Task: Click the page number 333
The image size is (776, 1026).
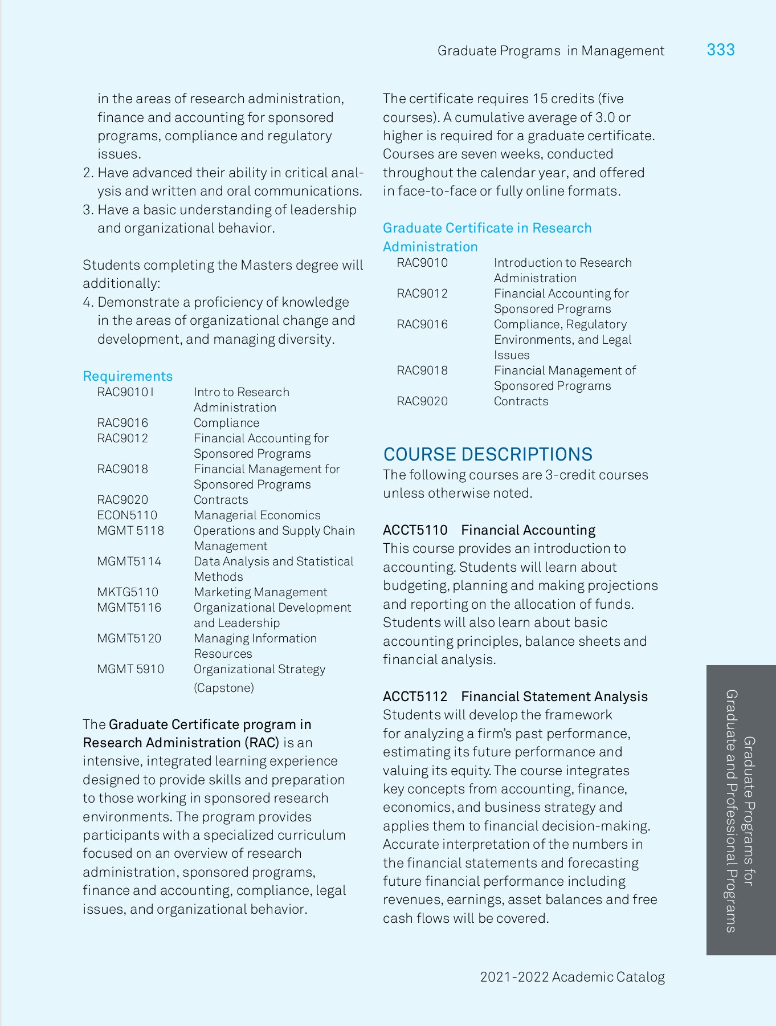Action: point(720,50)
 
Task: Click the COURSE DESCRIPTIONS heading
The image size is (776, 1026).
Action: point(488,454)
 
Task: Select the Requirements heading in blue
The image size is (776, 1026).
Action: point(128,376)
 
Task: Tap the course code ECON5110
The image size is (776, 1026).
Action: point(127,515)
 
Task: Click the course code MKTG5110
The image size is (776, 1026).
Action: point(128,592)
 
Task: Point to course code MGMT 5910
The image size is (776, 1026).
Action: point(130,669)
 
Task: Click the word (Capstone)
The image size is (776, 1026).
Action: point(224,688)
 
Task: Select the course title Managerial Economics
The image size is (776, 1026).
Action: point(257,515)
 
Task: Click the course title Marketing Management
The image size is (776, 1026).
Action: point(260,592)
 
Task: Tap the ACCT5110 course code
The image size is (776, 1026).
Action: point(415,530)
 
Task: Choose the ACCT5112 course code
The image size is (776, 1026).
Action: point(415,697)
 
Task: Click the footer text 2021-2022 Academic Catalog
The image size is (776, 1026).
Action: point(572,977)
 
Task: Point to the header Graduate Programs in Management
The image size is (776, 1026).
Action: point(550,51)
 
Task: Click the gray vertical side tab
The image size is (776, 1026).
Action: point(741,809)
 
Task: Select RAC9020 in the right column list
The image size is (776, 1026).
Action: point(422,401)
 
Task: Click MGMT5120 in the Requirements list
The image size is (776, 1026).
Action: point(129,638)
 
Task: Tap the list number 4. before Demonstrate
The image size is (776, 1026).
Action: point(88,302)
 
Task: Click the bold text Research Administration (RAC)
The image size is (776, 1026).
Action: point(181,743)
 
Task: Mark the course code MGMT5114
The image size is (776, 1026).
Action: point(129,561)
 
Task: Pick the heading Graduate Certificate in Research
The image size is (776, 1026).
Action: point(487,228)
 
